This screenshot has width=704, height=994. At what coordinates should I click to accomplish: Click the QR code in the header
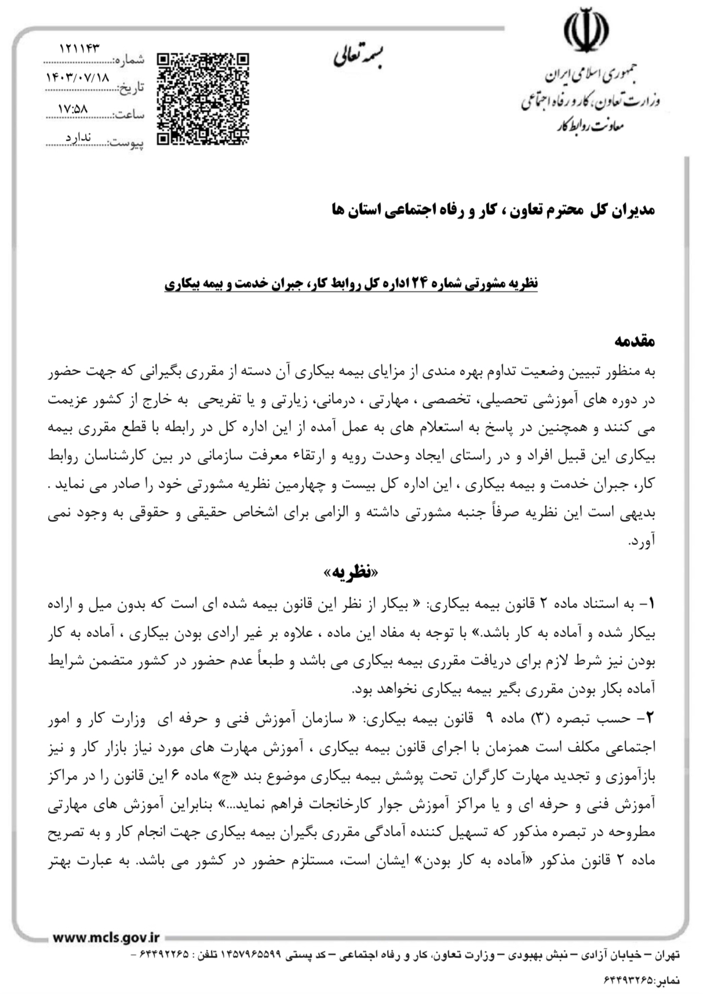tap(203, 98)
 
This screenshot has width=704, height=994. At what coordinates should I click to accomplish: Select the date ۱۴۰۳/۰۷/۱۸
tap(78, 77)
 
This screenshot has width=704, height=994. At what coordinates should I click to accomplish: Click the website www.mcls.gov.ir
tap(105, 937)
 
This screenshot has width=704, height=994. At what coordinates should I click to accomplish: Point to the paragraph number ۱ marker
tap(651, 604)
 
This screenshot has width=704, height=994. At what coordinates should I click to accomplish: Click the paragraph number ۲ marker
tap(651, 718)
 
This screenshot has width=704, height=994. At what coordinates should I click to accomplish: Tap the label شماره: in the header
tap(130, 60)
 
